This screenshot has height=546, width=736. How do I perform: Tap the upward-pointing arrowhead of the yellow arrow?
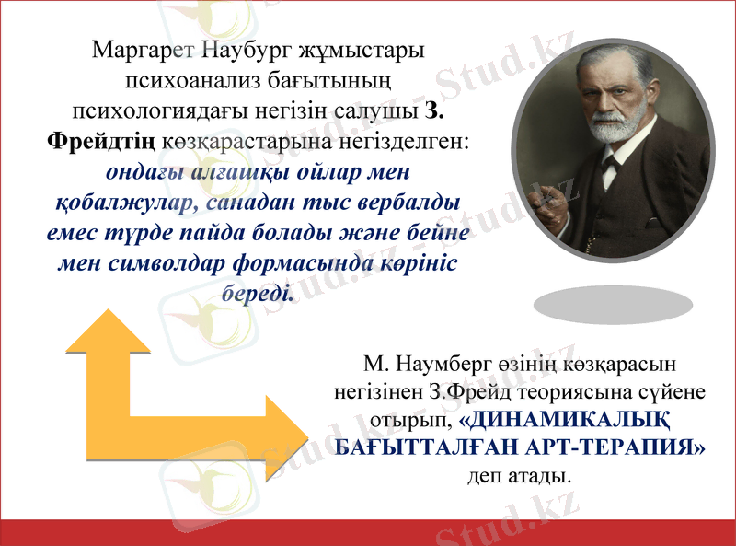tap(108, 332)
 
